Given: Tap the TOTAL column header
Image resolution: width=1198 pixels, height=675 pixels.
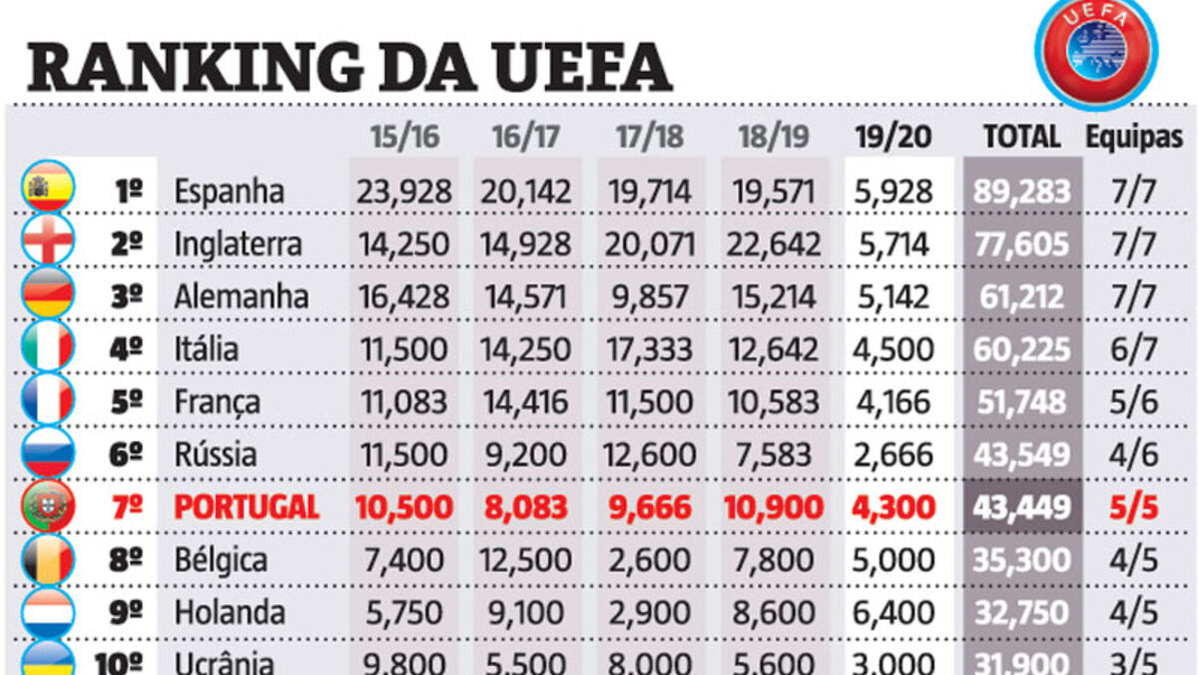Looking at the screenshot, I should [x=1021, y=137].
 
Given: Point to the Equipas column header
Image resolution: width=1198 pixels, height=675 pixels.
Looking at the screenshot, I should [x=1134, y=137].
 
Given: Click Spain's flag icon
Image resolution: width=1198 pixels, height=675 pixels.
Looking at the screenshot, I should [x=48, y=190].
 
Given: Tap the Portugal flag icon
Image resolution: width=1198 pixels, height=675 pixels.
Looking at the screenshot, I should [x=48, y=506].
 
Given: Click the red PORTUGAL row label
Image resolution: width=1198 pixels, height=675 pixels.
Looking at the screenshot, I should [x=247, y=507].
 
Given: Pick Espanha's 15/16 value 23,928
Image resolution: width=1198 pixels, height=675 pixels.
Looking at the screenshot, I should [x=404, y=191].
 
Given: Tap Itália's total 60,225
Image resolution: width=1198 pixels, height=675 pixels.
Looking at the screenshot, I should [x=1022, y=349].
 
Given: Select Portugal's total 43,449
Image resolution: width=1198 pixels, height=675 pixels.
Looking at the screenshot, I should [x=1022, y=507].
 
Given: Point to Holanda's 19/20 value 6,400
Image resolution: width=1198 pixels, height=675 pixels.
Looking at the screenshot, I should [x=895, y=612].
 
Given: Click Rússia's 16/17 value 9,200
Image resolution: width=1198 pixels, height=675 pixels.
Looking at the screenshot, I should [x=526, y=454].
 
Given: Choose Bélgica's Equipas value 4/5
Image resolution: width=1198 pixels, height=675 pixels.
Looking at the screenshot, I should [x=1133, y=559].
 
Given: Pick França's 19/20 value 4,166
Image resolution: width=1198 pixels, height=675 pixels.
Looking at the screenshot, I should [x=895, y=401].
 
